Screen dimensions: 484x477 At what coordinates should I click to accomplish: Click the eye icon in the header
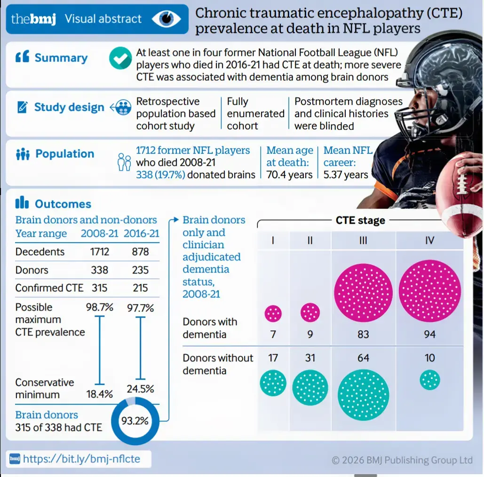(x=167, y=18)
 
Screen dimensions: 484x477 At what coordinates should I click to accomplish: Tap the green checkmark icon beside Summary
(x=120, y=58)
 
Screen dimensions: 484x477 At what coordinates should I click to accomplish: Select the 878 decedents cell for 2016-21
(x=141, y=251)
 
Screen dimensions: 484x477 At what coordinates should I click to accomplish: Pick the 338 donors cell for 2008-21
(x=99, y=270)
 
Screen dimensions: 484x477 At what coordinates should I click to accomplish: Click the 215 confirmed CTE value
(x=141, y=288)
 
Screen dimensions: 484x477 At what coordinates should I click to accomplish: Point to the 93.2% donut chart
(x=135, y=421)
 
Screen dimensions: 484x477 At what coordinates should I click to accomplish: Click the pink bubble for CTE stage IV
(x=430, y=291)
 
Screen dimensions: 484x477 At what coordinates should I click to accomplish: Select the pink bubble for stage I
(x=273, y=313)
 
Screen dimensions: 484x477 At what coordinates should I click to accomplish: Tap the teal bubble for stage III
(x=363, y=395)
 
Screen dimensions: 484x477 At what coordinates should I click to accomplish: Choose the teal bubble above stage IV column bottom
(x=430, y=380)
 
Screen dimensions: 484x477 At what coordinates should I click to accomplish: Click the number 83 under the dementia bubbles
(x=363, y=334)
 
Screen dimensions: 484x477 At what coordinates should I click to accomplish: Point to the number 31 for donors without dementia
(x=310, y=358)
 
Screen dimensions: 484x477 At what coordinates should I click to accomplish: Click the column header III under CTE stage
(x=363, y=240)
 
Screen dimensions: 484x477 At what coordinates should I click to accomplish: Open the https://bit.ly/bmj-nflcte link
(x=81, y=459)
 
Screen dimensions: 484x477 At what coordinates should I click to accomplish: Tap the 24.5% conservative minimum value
(x=141, y=389)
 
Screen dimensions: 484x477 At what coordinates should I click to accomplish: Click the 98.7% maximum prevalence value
(x=99, y=307)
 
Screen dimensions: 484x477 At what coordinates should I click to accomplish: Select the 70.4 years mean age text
(x=290, y=174)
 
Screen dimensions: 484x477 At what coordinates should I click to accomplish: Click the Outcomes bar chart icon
(x=22, y=202)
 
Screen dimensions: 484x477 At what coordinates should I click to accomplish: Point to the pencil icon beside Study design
(x=22, y=107)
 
